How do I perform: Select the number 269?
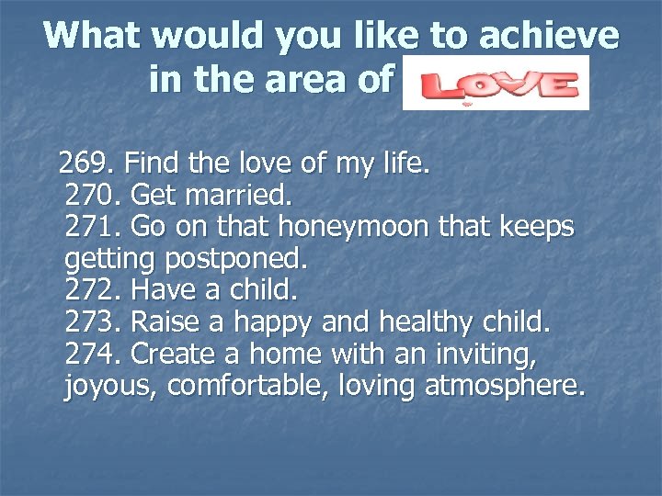click(84, 165)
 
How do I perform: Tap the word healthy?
click(415, 322)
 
